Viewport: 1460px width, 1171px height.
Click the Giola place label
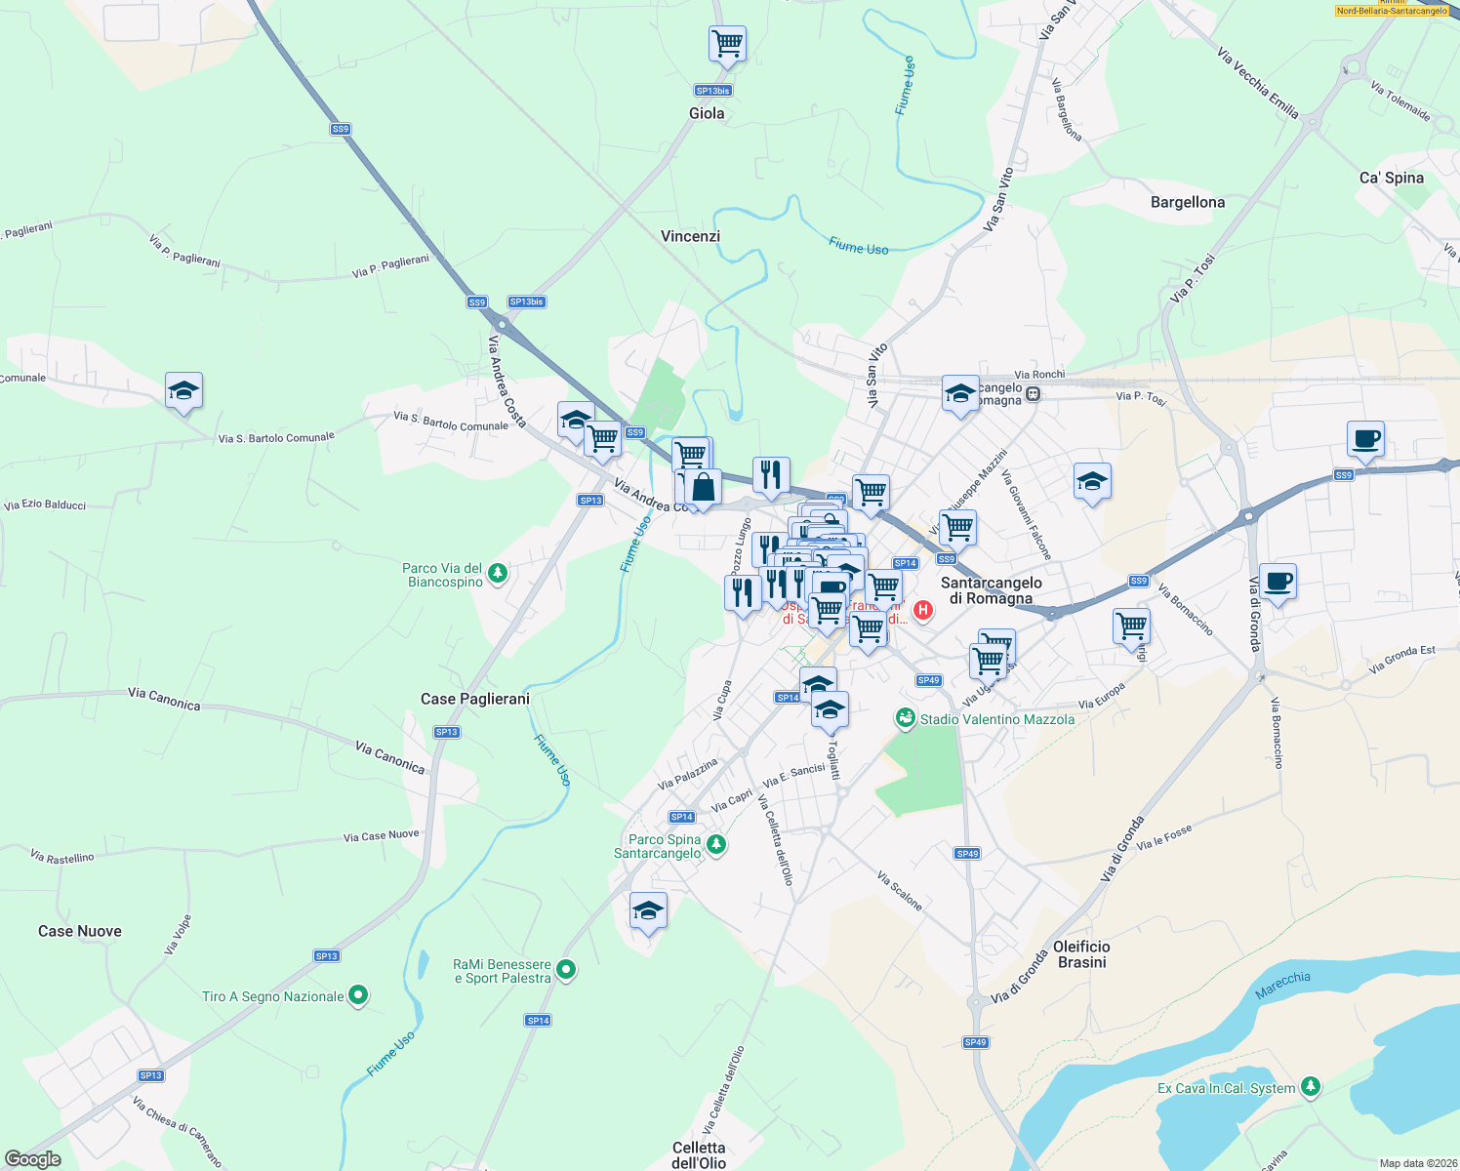click(707, 113)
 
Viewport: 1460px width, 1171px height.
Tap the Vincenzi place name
click(690, 236)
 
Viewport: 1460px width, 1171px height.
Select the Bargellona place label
click(1187, 202)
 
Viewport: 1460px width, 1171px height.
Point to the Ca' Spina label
click(1391, 178)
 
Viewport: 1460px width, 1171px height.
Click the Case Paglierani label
click(475, 699)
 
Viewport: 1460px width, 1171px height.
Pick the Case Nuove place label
click(80, 931)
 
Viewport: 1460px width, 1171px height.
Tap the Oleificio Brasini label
click(1081, 954)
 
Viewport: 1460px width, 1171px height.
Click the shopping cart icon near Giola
click(727, 44)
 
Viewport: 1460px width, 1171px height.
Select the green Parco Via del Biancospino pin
click(498, 573)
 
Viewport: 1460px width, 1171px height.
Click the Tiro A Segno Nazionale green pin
click(358, 995)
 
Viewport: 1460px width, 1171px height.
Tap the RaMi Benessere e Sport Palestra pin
click(566, 970)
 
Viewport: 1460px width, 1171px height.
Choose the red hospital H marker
click(922, 611)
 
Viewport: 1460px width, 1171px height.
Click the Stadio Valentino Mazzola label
click(996, 719)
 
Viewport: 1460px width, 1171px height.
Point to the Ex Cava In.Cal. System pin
click(1311, 1086)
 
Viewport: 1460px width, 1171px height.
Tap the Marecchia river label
click(1282, 985)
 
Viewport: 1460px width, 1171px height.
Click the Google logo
click(32, 1158)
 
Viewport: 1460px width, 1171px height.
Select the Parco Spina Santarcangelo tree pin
click(716, 844)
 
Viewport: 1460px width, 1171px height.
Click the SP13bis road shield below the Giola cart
click(712, 91)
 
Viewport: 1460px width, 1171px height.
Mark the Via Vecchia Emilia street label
click(1258, 84)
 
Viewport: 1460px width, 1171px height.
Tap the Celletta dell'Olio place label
click(699, 1155)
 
